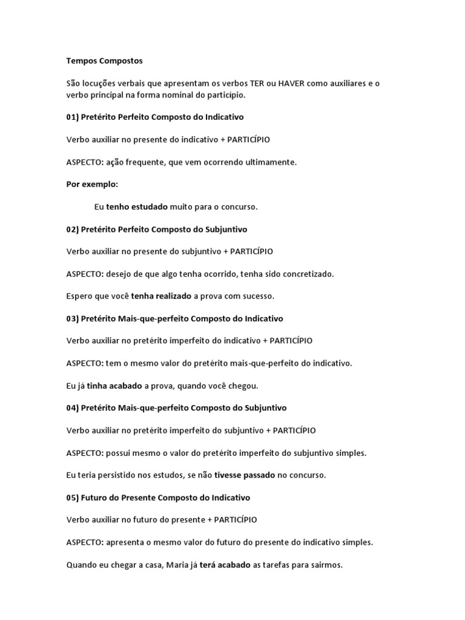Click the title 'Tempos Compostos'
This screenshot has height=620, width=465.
click(x=104, y=61)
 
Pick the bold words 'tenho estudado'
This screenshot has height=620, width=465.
click(x=137, y=207)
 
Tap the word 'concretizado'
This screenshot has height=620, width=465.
click(x=307, y=274)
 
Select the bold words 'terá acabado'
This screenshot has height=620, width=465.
click(x=225, y=565)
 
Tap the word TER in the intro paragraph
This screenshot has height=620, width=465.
click(x=248, y=83)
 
